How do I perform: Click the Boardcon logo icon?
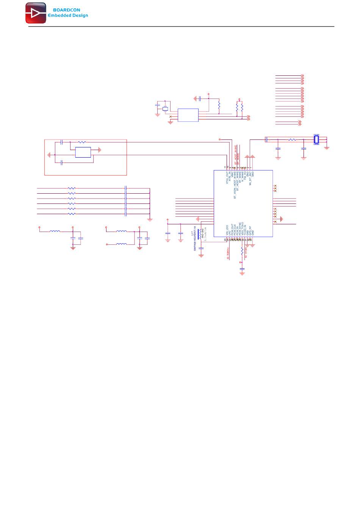click(x=36, y=13)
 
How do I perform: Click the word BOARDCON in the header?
click(x=67, y=10)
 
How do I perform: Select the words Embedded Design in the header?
click(x=68, y=16)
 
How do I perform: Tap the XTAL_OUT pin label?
click(x=227, y=178)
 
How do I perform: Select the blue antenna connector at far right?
click(x=316, y=139)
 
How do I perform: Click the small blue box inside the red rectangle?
click(x=83, y=152)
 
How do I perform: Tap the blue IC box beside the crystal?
click(x=188, y=115)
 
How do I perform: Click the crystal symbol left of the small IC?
click(x=165, y=109)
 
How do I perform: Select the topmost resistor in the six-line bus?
click(x=72, y=188)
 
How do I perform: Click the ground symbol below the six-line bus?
click(x=150, y=220)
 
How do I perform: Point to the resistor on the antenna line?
click(x=292, y=139)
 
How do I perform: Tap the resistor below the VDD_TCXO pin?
click(x=242, y=251)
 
